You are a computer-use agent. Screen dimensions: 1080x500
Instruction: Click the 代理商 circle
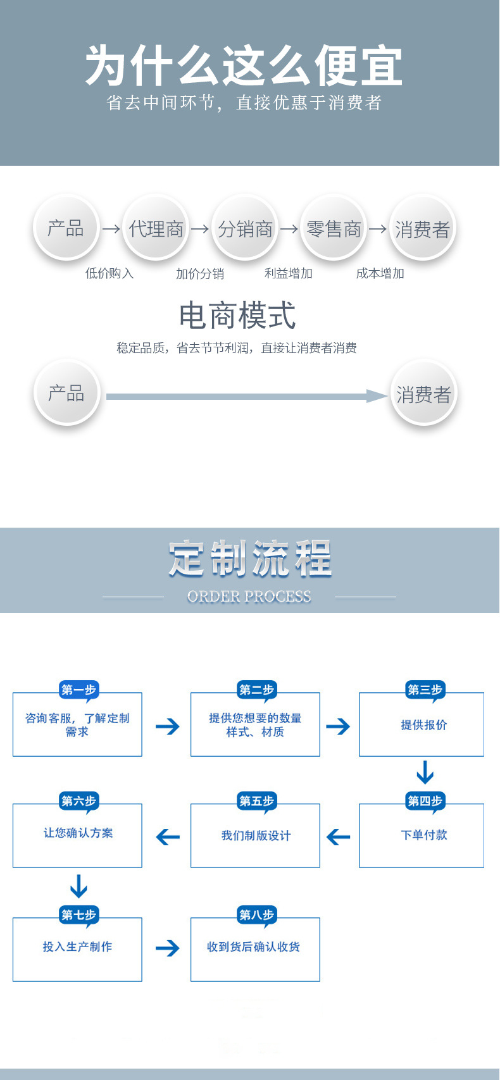coord(156,228)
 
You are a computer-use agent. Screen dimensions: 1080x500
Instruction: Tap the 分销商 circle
coord(245,228)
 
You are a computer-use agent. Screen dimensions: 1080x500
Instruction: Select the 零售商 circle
coord(334,228)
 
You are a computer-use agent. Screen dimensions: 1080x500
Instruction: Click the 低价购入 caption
coord(109,273)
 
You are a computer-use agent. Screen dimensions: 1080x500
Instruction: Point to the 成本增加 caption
coord(380,273)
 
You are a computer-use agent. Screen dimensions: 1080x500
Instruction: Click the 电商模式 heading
coord(237,316)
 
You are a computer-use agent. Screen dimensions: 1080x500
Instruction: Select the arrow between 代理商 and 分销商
coord(200,228)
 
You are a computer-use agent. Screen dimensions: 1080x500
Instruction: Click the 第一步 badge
coord(78,690)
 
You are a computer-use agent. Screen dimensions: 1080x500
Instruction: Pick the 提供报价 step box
coord(422,725)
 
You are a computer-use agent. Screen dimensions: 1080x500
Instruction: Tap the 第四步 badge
coord(425,802)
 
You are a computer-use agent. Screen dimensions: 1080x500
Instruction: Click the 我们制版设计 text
coord(256,836)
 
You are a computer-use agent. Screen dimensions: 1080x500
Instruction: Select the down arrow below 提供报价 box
coord(425,773)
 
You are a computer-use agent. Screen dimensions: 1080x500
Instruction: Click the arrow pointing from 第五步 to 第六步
coord(168,837)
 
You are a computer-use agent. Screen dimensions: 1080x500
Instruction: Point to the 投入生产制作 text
coord(77,947)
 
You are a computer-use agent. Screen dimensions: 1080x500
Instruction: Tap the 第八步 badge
coord(256,915)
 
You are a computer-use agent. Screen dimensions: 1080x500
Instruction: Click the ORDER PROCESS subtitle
coord(249,597)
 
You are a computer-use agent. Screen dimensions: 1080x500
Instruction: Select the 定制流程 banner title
coord(250,559)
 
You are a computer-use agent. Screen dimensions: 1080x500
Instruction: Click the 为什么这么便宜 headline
coord(244,66)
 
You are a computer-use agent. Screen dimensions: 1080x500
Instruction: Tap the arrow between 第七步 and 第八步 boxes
coord(167,948)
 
